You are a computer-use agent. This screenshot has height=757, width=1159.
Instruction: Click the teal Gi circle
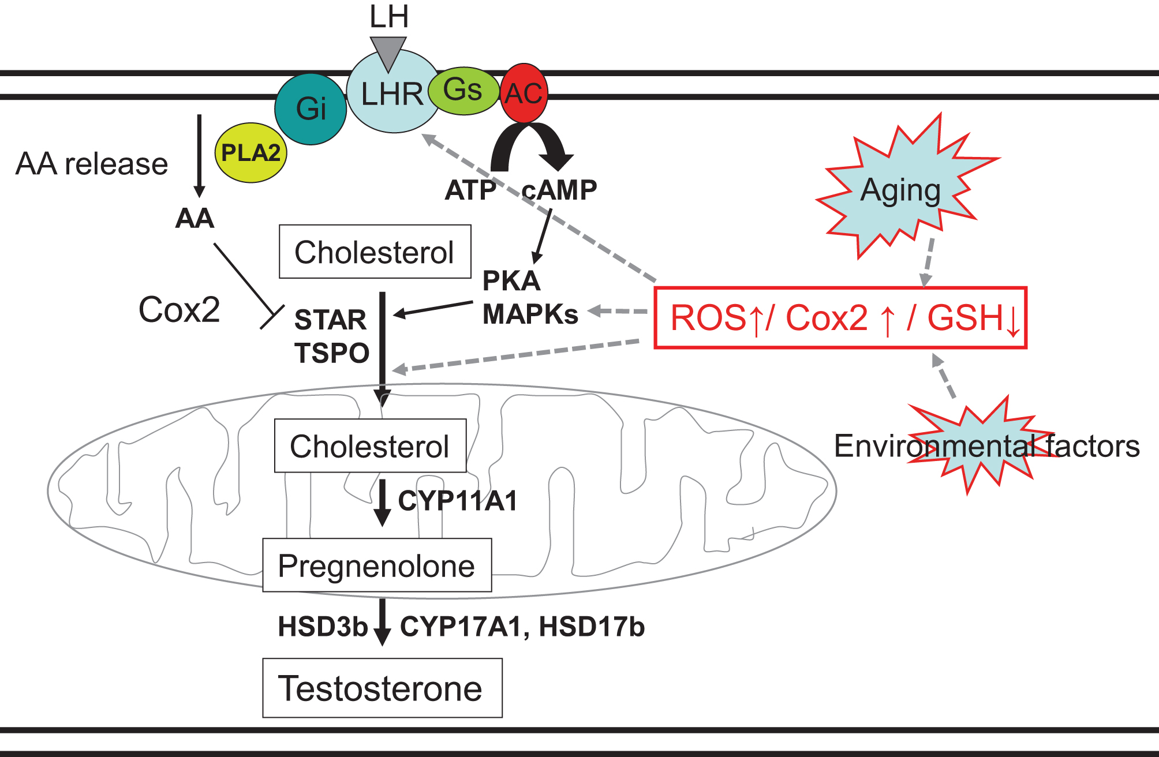(x=311, y=109)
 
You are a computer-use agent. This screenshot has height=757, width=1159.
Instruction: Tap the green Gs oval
(x=463, y=90)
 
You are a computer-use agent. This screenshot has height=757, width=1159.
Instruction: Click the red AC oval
(x=524, y=93)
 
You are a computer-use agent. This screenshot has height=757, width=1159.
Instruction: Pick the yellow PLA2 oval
(x=251, y=153)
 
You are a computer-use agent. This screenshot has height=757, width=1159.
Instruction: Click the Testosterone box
(x=382, y=688)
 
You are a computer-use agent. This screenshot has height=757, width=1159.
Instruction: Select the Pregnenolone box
(x=377, y=565)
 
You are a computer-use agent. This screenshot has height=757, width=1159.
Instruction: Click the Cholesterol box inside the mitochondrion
(x=370, y=446)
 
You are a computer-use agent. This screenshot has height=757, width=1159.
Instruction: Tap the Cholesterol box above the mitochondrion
(x=375, y=252)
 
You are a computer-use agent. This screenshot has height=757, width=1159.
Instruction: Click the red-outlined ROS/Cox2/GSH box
(x=840, y=318)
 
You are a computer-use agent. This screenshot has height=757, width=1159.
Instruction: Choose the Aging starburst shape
(x=900, y=190)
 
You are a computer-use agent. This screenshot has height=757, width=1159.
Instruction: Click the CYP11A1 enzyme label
(x=458, y=501)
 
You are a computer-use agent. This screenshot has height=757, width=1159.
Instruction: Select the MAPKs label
(x=530, y=314)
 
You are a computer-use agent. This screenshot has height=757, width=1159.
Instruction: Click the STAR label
(x=330, y=320)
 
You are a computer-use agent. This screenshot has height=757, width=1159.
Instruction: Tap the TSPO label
(x=332, y=353)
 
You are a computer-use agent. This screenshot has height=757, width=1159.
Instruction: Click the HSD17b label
(x=592, y=627)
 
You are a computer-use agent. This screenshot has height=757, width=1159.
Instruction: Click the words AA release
(x=92, y=164)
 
